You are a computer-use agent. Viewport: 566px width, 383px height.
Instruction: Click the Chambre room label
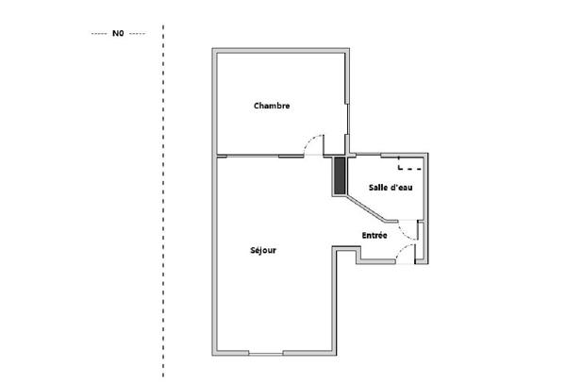tap(271, 107)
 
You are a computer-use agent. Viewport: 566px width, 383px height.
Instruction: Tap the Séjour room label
tap(263, 251)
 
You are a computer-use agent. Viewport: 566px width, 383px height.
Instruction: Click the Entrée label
tap(375, 234)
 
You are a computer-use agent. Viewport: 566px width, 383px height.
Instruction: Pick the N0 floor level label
tap(118, 33)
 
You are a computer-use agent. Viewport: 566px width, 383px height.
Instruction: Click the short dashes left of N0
tap(99, 33)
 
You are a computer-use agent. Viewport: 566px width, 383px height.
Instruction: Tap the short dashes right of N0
tap(137, 33)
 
